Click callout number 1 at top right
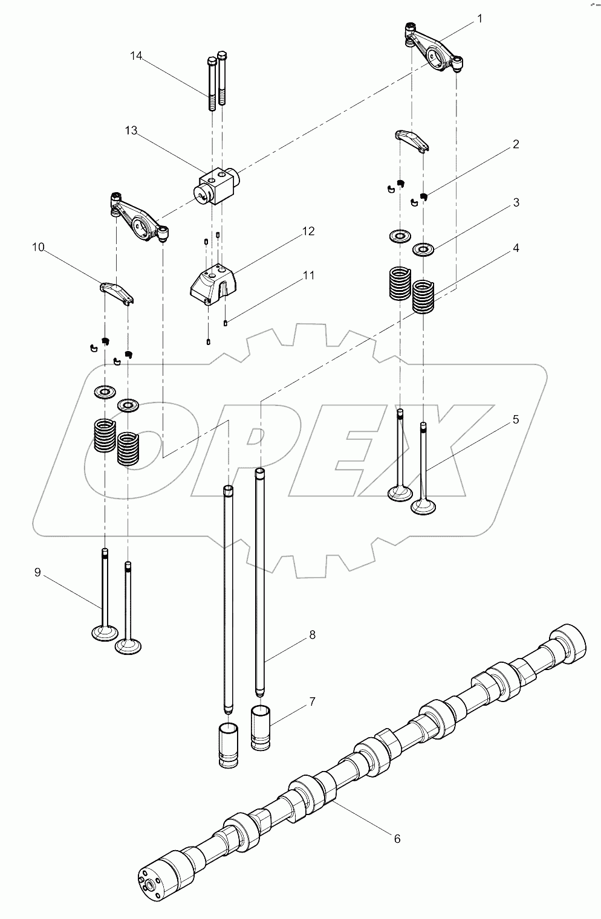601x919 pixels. coord(479,19)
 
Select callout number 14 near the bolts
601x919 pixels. coord(136,56)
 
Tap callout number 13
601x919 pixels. coord(131,131)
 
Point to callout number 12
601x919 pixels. coord(308,231)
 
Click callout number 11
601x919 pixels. coord(308,276)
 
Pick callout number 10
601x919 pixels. coord(38,247)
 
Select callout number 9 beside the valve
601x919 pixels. coord(37,572)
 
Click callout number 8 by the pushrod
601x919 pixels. coord(312,634)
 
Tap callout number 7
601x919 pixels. coord(312,701)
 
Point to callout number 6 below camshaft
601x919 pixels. coord(397,839)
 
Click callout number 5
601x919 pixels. coord(515,419)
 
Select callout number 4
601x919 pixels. coord(515,248)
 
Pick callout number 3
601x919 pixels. coord(515,202)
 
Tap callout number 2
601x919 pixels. coord(515,144)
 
